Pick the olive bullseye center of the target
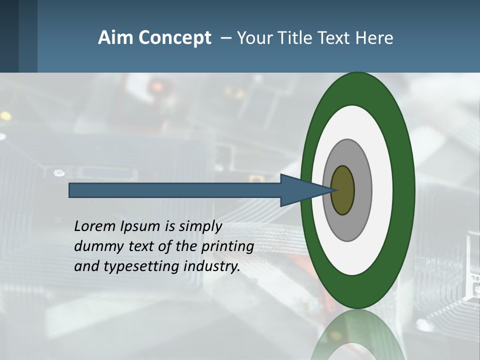click(343, 190)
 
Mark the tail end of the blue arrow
click(70, 190)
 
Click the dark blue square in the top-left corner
click(9, 36)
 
